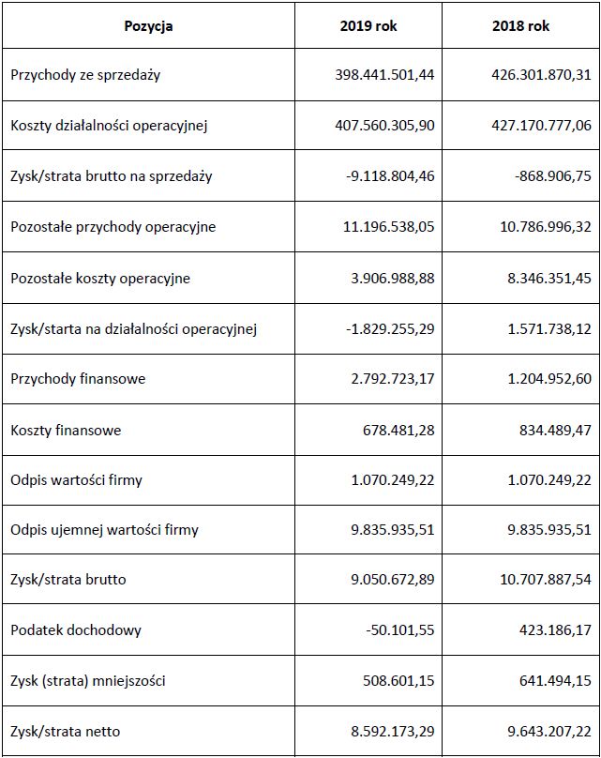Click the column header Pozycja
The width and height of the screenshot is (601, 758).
[148, 26]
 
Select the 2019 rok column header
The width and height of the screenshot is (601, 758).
[368, 26]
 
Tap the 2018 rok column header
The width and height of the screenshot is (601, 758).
[520, 26]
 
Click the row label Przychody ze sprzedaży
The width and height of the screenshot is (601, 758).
[85, 75]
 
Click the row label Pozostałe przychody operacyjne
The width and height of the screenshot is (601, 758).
[113, 227]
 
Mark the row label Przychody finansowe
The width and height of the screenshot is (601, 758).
[78, 379]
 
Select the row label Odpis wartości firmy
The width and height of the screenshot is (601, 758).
[77, 480]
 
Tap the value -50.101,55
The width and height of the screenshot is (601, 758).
[400, 630]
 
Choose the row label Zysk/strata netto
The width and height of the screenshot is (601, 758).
[66, 731]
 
